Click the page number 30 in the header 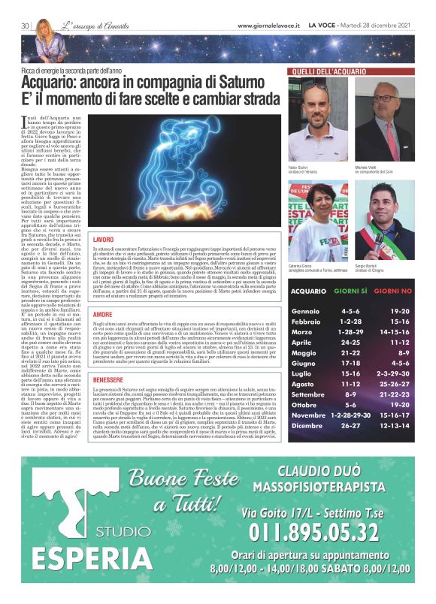(24, 26)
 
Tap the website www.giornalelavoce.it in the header (268, 26)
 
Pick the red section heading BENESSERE (108, 380)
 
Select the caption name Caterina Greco (301, 266)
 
